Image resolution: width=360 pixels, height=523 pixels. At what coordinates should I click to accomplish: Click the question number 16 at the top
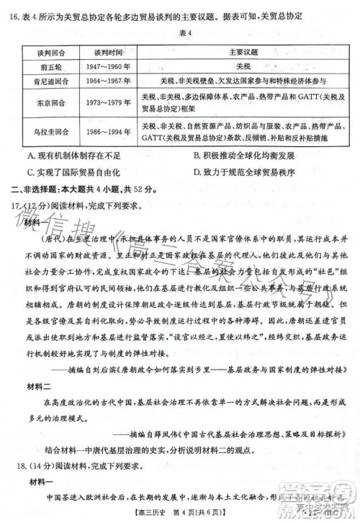pyautogui.click(x=16, y=14)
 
